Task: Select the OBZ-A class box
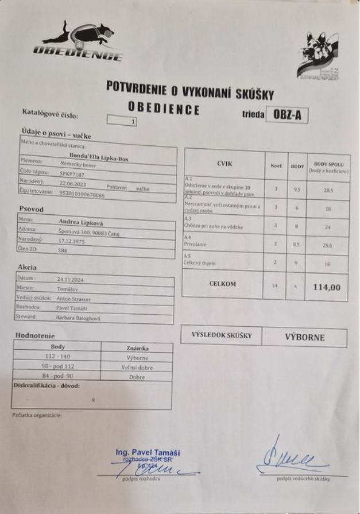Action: click(287, 115)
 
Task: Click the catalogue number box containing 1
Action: click(122, 121)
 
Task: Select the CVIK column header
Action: click(224, 164)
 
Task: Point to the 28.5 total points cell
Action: click(327, 190)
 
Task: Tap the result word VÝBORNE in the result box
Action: click(304, 337)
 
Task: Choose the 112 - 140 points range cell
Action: click(57, 357)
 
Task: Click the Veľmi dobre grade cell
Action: click(137, 368)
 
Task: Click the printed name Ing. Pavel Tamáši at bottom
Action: click(148, 453)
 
